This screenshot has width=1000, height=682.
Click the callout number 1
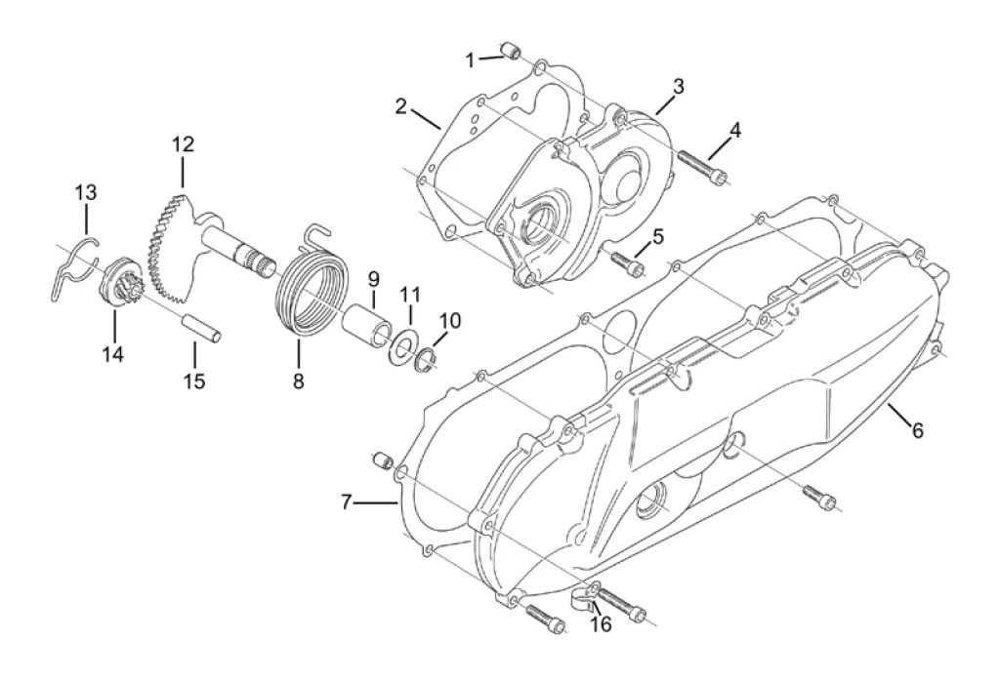click(470, 61)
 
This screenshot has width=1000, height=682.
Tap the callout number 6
click(917, 431)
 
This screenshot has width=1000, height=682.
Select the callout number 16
click(601, 624)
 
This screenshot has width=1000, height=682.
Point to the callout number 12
click(183, 144)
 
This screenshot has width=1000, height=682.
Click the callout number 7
click(347, 502)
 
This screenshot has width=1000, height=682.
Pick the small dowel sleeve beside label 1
click(511, 50)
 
